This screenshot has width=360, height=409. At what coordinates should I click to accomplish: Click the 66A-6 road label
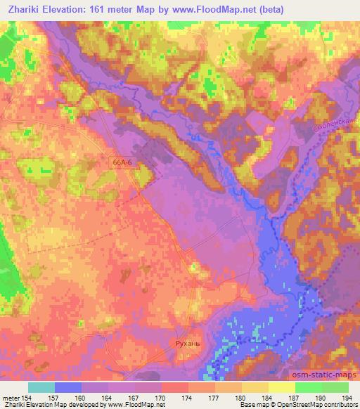coord(122,161)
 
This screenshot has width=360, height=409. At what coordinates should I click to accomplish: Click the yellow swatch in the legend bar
coord(281,387)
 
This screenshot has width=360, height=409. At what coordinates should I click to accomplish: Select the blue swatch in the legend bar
coord(68,387)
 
